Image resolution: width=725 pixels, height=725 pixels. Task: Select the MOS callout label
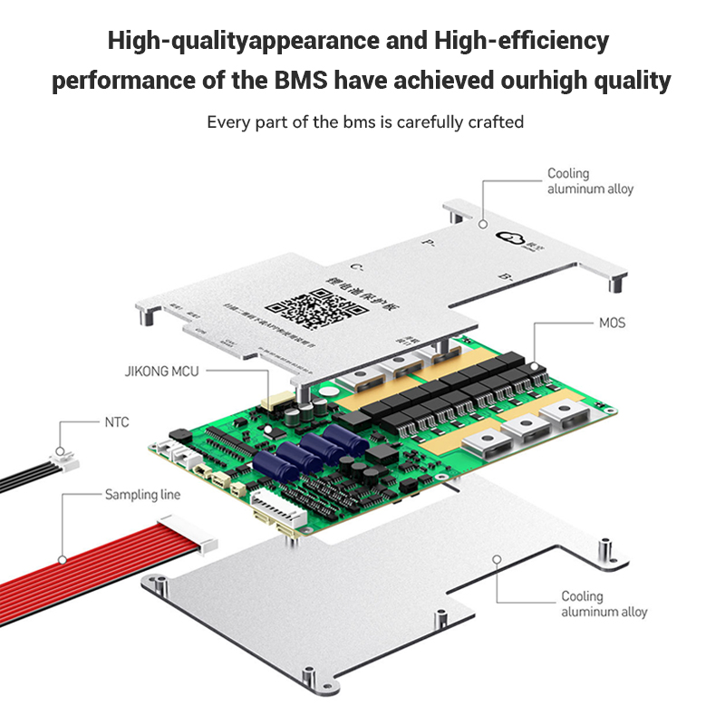point(612,323)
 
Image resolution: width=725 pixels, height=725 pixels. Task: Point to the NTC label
point(117,421)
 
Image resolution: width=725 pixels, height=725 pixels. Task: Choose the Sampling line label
point(142,495)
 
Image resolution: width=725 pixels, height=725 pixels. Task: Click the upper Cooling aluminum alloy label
point(590,181)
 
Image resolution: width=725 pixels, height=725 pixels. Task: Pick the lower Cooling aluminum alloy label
point(604,604)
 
